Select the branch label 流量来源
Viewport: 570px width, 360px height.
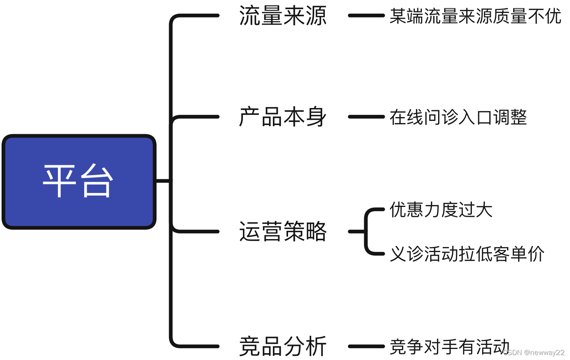click(x=283, y=16)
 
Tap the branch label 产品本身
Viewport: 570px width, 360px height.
click(x=283, y=117)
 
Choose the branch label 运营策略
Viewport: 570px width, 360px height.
click(x=283, y=231)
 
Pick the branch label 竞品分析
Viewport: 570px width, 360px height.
click(x=283, y=346)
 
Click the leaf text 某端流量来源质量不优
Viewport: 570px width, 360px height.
click(x=475, y=16)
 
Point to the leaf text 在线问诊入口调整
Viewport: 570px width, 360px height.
click(x=458, y=117)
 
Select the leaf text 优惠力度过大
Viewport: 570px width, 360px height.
click(x=441, y=210)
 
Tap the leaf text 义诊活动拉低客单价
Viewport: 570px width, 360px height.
click(x=467, y=254)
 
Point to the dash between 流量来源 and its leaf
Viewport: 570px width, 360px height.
click(x=366, y=16)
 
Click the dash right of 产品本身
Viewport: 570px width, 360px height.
click(x=366, y=117)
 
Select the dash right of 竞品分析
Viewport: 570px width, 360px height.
click(x=366, y=346)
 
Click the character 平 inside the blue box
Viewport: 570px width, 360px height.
click(x=60, y=181)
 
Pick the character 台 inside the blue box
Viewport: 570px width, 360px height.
click(x=97, y=181)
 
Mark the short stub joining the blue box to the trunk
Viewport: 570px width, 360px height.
click(x=163, y=181)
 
